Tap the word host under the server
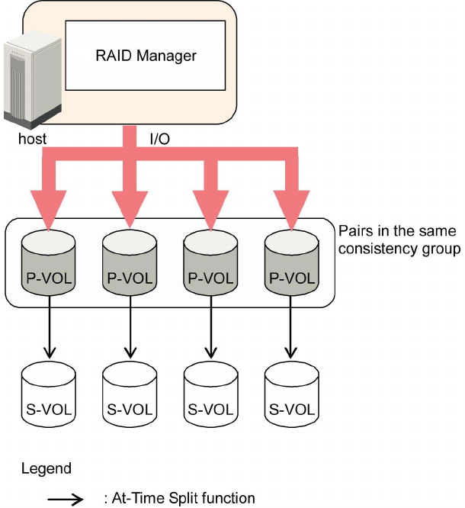click(33, 140)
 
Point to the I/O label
click(159, 140)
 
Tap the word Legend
click(46, 468)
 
